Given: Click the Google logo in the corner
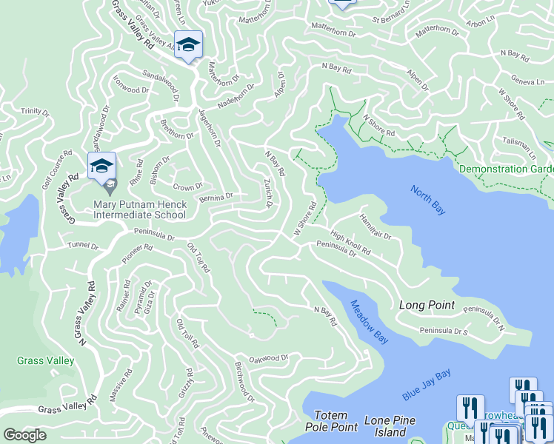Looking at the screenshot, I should (24, 435).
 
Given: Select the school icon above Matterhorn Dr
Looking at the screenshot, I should (188, 45).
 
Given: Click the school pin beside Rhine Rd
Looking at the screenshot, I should (101, 166).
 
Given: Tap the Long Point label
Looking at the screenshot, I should (426, 305).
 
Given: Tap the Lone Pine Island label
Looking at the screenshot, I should (390, 426).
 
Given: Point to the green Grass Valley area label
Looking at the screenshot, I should (46, 361).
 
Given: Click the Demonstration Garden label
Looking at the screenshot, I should (506, 169).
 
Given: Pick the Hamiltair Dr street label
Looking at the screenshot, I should (375, 224).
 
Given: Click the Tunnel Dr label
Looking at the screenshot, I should (82, 245).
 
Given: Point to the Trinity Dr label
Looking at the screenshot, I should (35, 112).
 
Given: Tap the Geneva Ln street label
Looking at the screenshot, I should (527, 80).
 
